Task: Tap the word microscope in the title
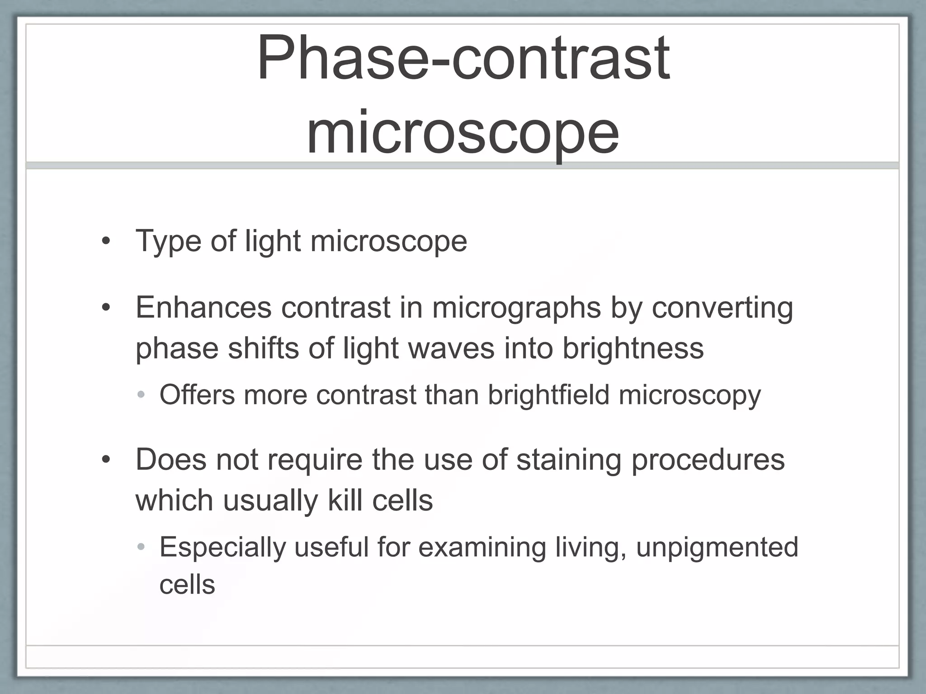[x=463, y=134]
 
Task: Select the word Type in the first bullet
[x=168, y=242]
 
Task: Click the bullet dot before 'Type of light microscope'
[x=106, y=241]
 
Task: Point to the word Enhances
[x=203, y=308]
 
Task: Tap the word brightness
[x=633, y=349]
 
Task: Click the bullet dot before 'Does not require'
[x=106, y=460]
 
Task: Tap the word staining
[x=569, y=460]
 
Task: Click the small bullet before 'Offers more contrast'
[x=141, y=395]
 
